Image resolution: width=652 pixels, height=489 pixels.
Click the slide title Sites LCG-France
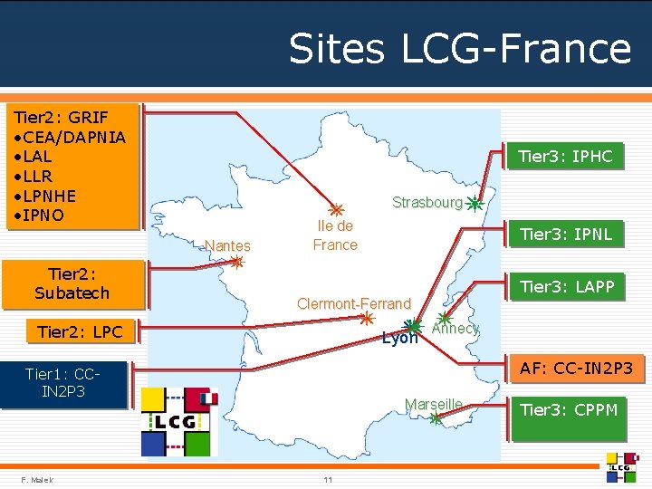(459, 48)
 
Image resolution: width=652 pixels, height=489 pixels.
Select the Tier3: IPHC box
(565, 157)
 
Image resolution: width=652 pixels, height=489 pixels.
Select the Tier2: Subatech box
(72, 283)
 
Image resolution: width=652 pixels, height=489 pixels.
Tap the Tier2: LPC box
(80, 332)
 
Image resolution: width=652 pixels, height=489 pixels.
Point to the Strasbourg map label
(427, 203)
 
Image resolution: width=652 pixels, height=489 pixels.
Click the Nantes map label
(227, 245)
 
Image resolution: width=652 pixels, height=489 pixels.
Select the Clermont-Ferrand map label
(354, 303)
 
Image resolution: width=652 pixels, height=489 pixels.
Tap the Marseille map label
(433, 403)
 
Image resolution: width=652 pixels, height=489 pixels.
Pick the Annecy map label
(455, 329)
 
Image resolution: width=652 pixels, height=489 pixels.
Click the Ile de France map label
(335, 235)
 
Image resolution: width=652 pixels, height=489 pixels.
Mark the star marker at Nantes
(236, 263)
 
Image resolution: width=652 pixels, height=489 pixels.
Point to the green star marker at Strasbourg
(475, 204)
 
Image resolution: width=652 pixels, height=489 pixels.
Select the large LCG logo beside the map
(179, 422)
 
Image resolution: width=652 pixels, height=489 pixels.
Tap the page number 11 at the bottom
(328, 480)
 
